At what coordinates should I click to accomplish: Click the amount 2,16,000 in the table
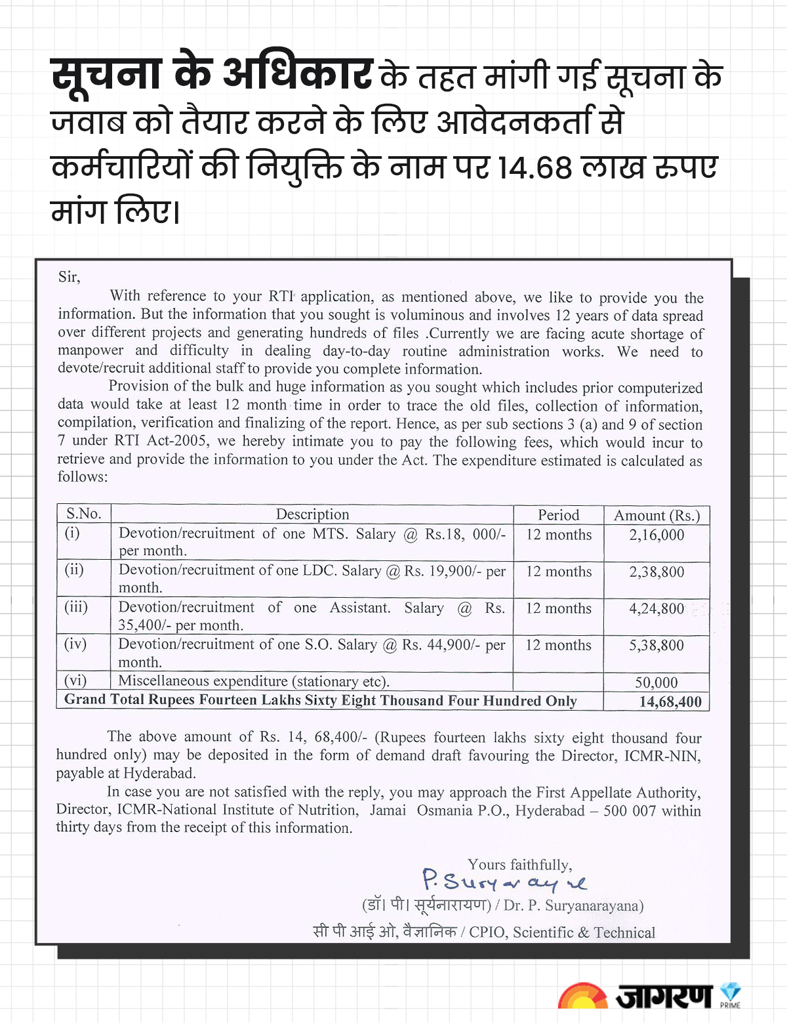[656, 535]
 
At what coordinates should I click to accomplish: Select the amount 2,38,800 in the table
[656, 572]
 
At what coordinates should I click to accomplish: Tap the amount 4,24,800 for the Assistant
[656, 608]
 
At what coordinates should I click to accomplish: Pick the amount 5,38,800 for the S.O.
[656, 645]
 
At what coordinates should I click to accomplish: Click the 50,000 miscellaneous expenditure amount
[656, 682]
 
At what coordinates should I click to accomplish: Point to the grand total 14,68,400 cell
[670, 701]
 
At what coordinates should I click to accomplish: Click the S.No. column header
[83, 513]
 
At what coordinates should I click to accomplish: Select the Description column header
[312, 514]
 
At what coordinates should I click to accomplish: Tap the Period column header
[558, 515]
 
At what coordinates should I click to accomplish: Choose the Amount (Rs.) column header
[656, 516]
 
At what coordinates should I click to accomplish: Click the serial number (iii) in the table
[76, 606]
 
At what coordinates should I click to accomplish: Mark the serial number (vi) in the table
[75, 680]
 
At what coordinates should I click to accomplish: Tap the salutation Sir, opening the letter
[69, 277]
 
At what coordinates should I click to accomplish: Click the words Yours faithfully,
[519, 864]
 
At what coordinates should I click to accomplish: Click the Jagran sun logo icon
[582, 996]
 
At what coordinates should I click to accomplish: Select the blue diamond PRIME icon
[730, 992]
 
